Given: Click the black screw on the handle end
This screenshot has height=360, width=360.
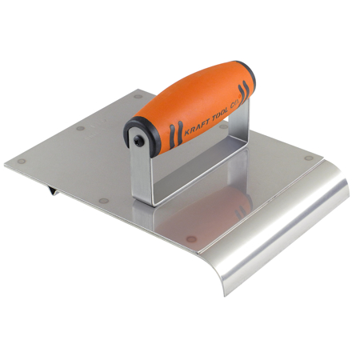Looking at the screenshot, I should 140,141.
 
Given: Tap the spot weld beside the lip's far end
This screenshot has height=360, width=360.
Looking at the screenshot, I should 309,158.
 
